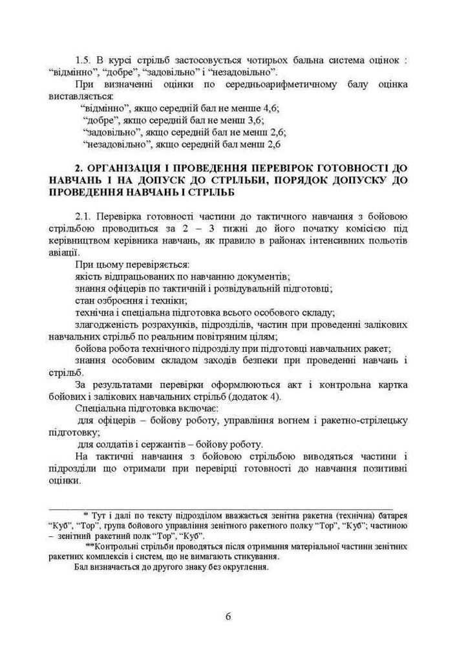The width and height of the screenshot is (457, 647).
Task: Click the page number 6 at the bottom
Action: (228, 615)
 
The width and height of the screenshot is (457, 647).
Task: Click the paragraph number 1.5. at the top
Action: (85, 59)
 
